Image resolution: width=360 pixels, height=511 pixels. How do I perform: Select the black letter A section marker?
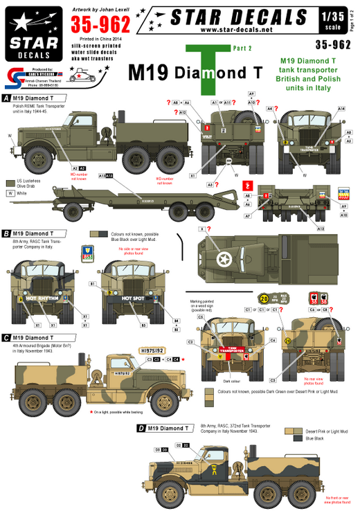(x=6, y=98)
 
